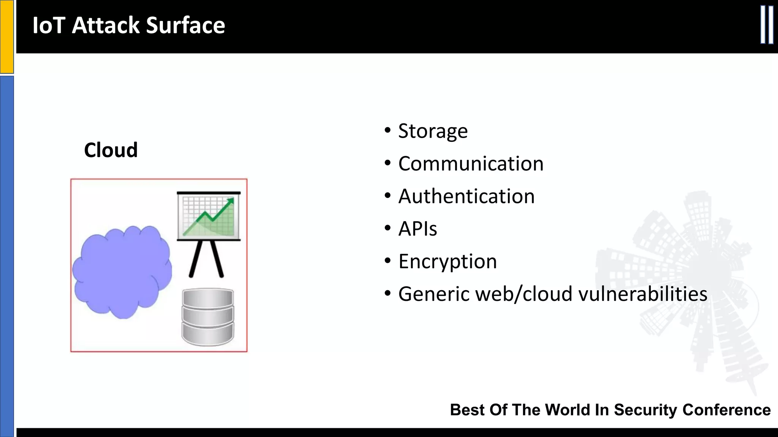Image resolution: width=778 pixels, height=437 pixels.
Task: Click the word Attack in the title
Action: [106, 25]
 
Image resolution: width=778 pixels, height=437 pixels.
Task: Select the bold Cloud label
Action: [111, 150]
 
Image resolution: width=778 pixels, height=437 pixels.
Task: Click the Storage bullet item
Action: [433, 131]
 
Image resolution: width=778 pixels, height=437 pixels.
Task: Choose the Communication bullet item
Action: [471, 164]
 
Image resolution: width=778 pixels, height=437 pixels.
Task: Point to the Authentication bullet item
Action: [466, 196]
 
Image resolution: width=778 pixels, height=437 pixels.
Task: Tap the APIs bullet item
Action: [417, 229]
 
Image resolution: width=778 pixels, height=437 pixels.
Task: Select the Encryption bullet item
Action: [447, 262]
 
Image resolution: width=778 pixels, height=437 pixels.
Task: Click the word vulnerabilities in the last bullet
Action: [642, 294]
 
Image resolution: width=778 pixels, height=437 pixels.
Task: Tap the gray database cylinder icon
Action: [208, 317]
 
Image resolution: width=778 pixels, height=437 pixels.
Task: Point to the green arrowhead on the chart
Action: [230, 201]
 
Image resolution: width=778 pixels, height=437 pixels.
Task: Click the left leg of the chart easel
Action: [197, 259]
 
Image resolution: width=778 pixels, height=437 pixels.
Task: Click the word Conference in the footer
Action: [726, 410]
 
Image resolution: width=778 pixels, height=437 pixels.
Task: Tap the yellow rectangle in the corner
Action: [6, 36]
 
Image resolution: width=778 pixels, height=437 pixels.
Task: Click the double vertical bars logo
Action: [767, 25]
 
